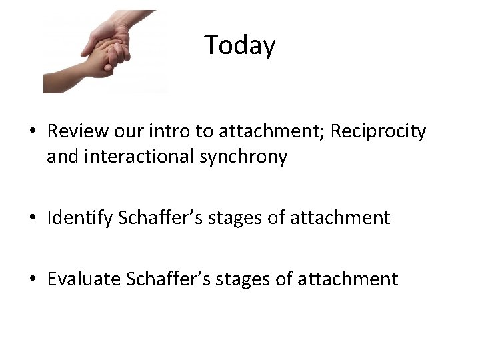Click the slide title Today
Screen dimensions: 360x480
point(239,45)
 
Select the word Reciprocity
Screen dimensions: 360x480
point(377,131)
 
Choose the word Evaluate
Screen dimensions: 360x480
point(82,278)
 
